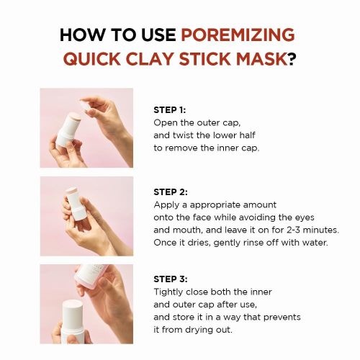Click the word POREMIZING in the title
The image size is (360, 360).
point(238,35)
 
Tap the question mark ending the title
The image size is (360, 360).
point(292,58)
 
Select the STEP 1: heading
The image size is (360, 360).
point(170,110)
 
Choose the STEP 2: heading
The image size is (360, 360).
point(171,192)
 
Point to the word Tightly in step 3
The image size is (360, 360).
point(170,292)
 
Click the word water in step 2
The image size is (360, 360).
point(315,242)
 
